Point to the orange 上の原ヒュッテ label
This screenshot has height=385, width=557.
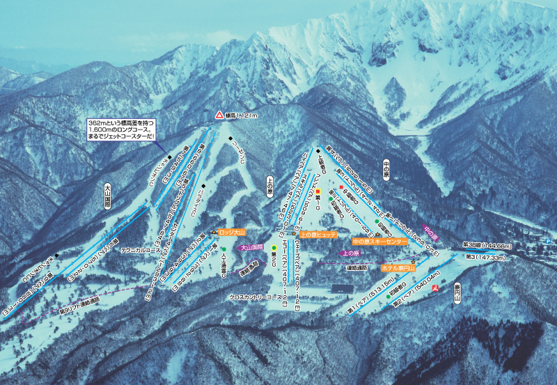coord(318,235)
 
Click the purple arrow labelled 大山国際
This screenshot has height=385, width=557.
coord(251,246)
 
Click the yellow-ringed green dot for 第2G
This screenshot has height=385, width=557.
coord(274,247)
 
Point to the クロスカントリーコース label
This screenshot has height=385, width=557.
coord(260,297)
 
